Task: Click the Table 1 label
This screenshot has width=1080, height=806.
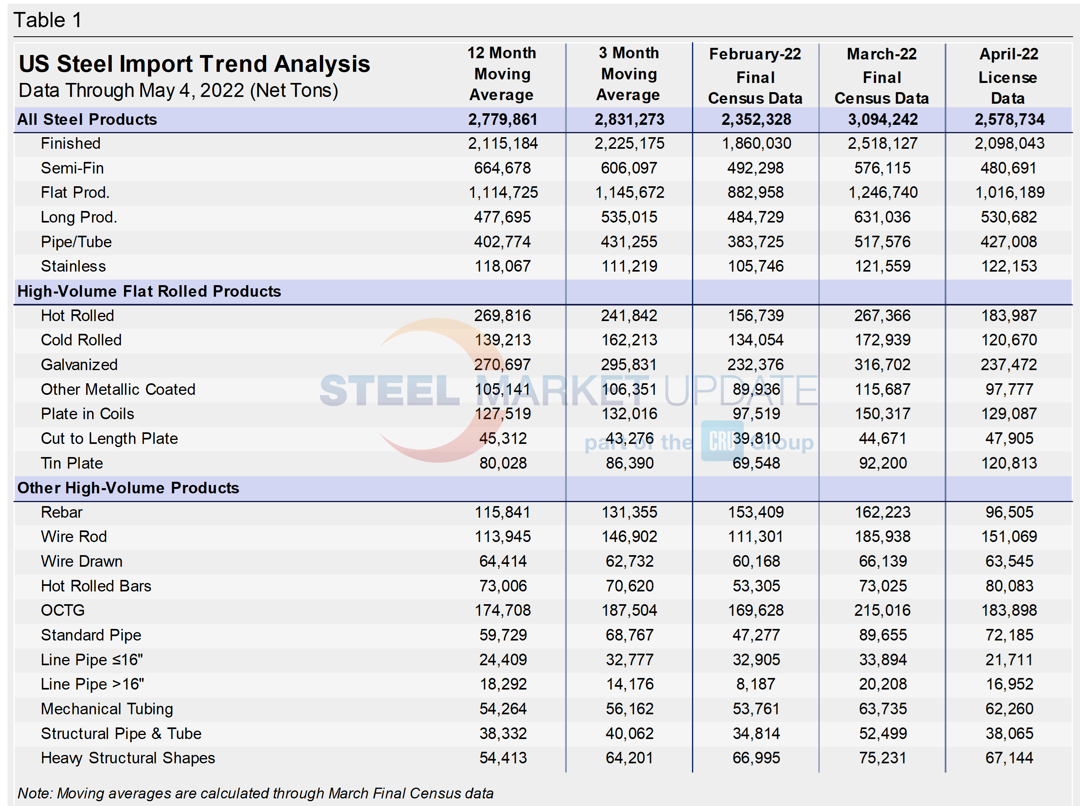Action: point(47,20)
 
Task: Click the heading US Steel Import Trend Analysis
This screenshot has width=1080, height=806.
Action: point(194,64)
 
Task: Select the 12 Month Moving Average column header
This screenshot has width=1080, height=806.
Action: point(502,74)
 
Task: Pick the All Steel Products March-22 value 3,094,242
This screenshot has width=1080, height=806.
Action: point(883,120)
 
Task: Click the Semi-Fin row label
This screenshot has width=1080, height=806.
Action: point(72,168)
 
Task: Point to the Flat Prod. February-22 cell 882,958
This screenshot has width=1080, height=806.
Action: point(756,193)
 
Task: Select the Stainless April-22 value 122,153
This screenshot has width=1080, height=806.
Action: point(1009,266)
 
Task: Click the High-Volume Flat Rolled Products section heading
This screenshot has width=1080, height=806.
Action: point(149,291)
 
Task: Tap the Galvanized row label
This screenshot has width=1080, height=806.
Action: point(79,365)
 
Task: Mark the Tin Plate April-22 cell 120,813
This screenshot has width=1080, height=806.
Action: point(1009,463)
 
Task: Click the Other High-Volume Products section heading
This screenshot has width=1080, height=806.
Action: point(128,488)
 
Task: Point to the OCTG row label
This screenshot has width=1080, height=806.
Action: point(63,610)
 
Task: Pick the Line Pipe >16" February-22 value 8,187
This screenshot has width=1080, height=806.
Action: point(756,684)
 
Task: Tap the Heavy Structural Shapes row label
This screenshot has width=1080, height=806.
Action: point(128,758)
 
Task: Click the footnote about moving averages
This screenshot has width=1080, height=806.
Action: point(256,793)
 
